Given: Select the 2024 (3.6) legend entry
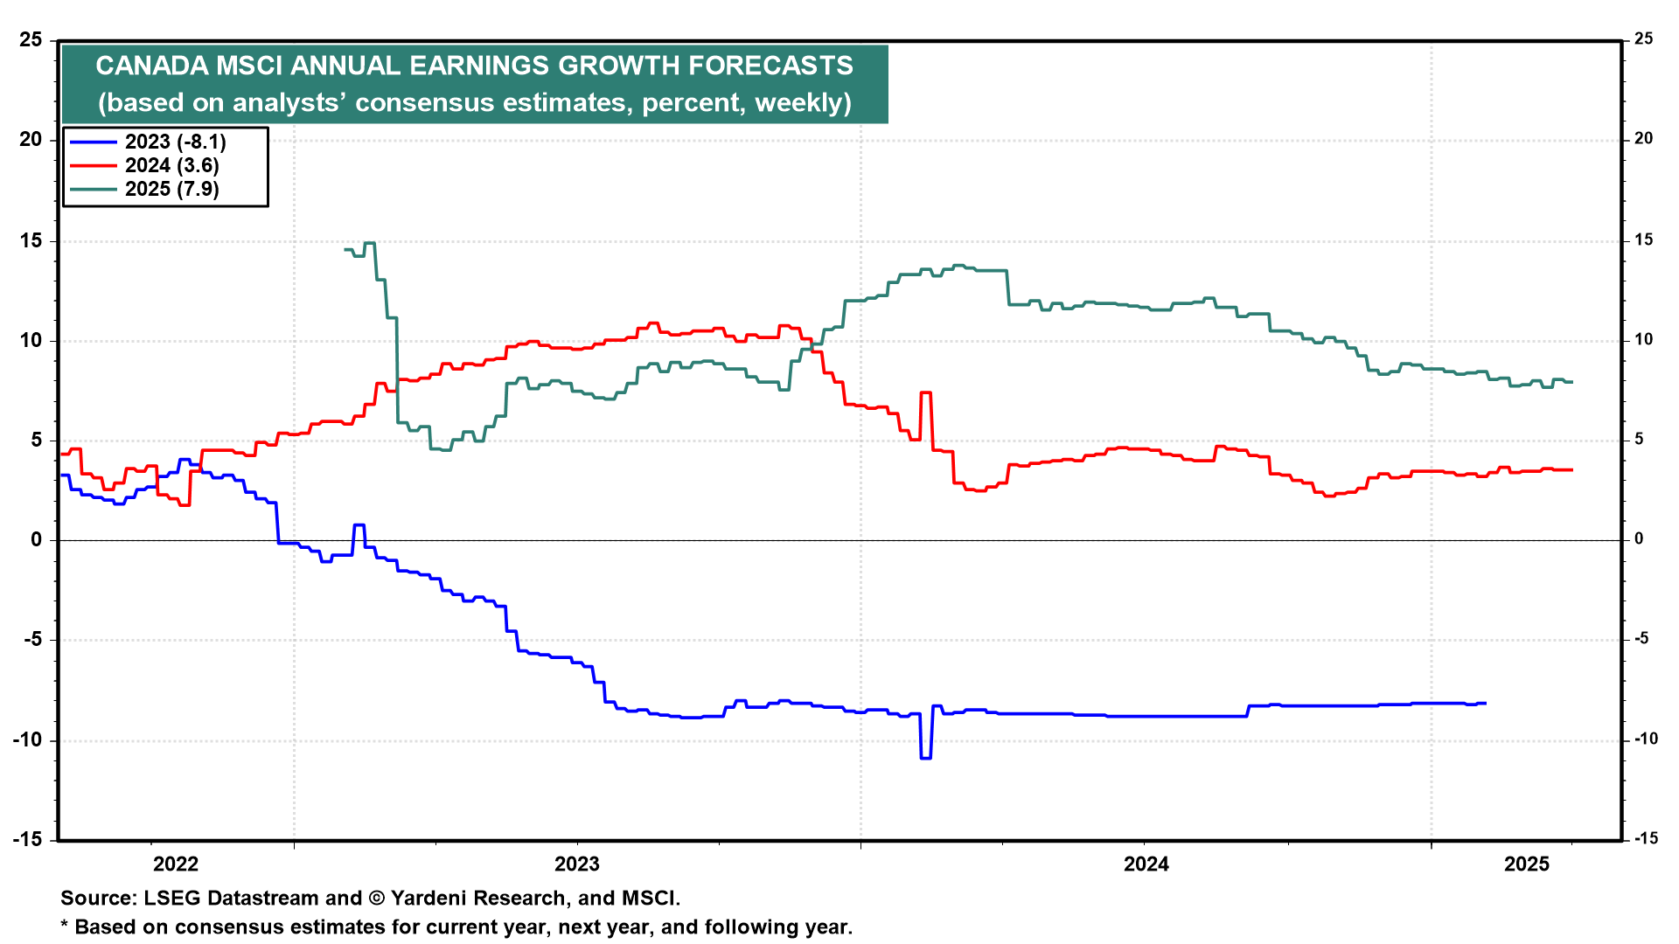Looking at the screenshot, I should coord(171,166).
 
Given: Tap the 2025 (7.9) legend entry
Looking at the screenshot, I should coord(171,190).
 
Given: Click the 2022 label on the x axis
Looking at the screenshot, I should coord(176,864).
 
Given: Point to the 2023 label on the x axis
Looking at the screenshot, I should coord(577,864).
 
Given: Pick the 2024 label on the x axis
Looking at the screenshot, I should coord(1146,864).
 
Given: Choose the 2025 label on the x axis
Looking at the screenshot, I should coord(1527,864).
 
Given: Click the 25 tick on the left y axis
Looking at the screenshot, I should coord(31,40).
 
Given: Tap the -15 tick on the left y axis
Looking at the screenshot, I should coord(27,839).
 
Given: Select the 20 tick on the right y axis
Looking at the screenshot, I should coord(1643,139).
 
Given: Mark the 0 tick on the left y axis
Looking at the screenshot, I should coord(36,540).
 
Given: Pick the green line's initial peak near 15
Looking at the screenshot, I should coord(369,243).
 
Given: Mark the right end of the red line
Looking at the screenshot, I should coord(1571,470).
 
